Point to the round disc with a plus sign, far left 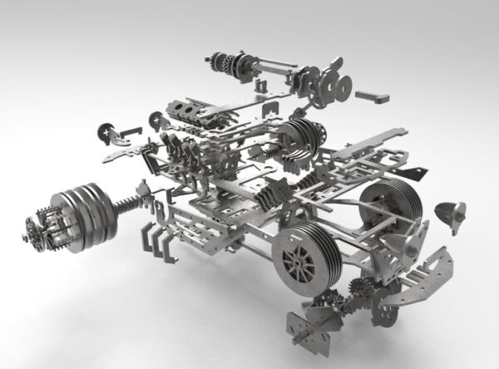(x=107, y=132)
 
